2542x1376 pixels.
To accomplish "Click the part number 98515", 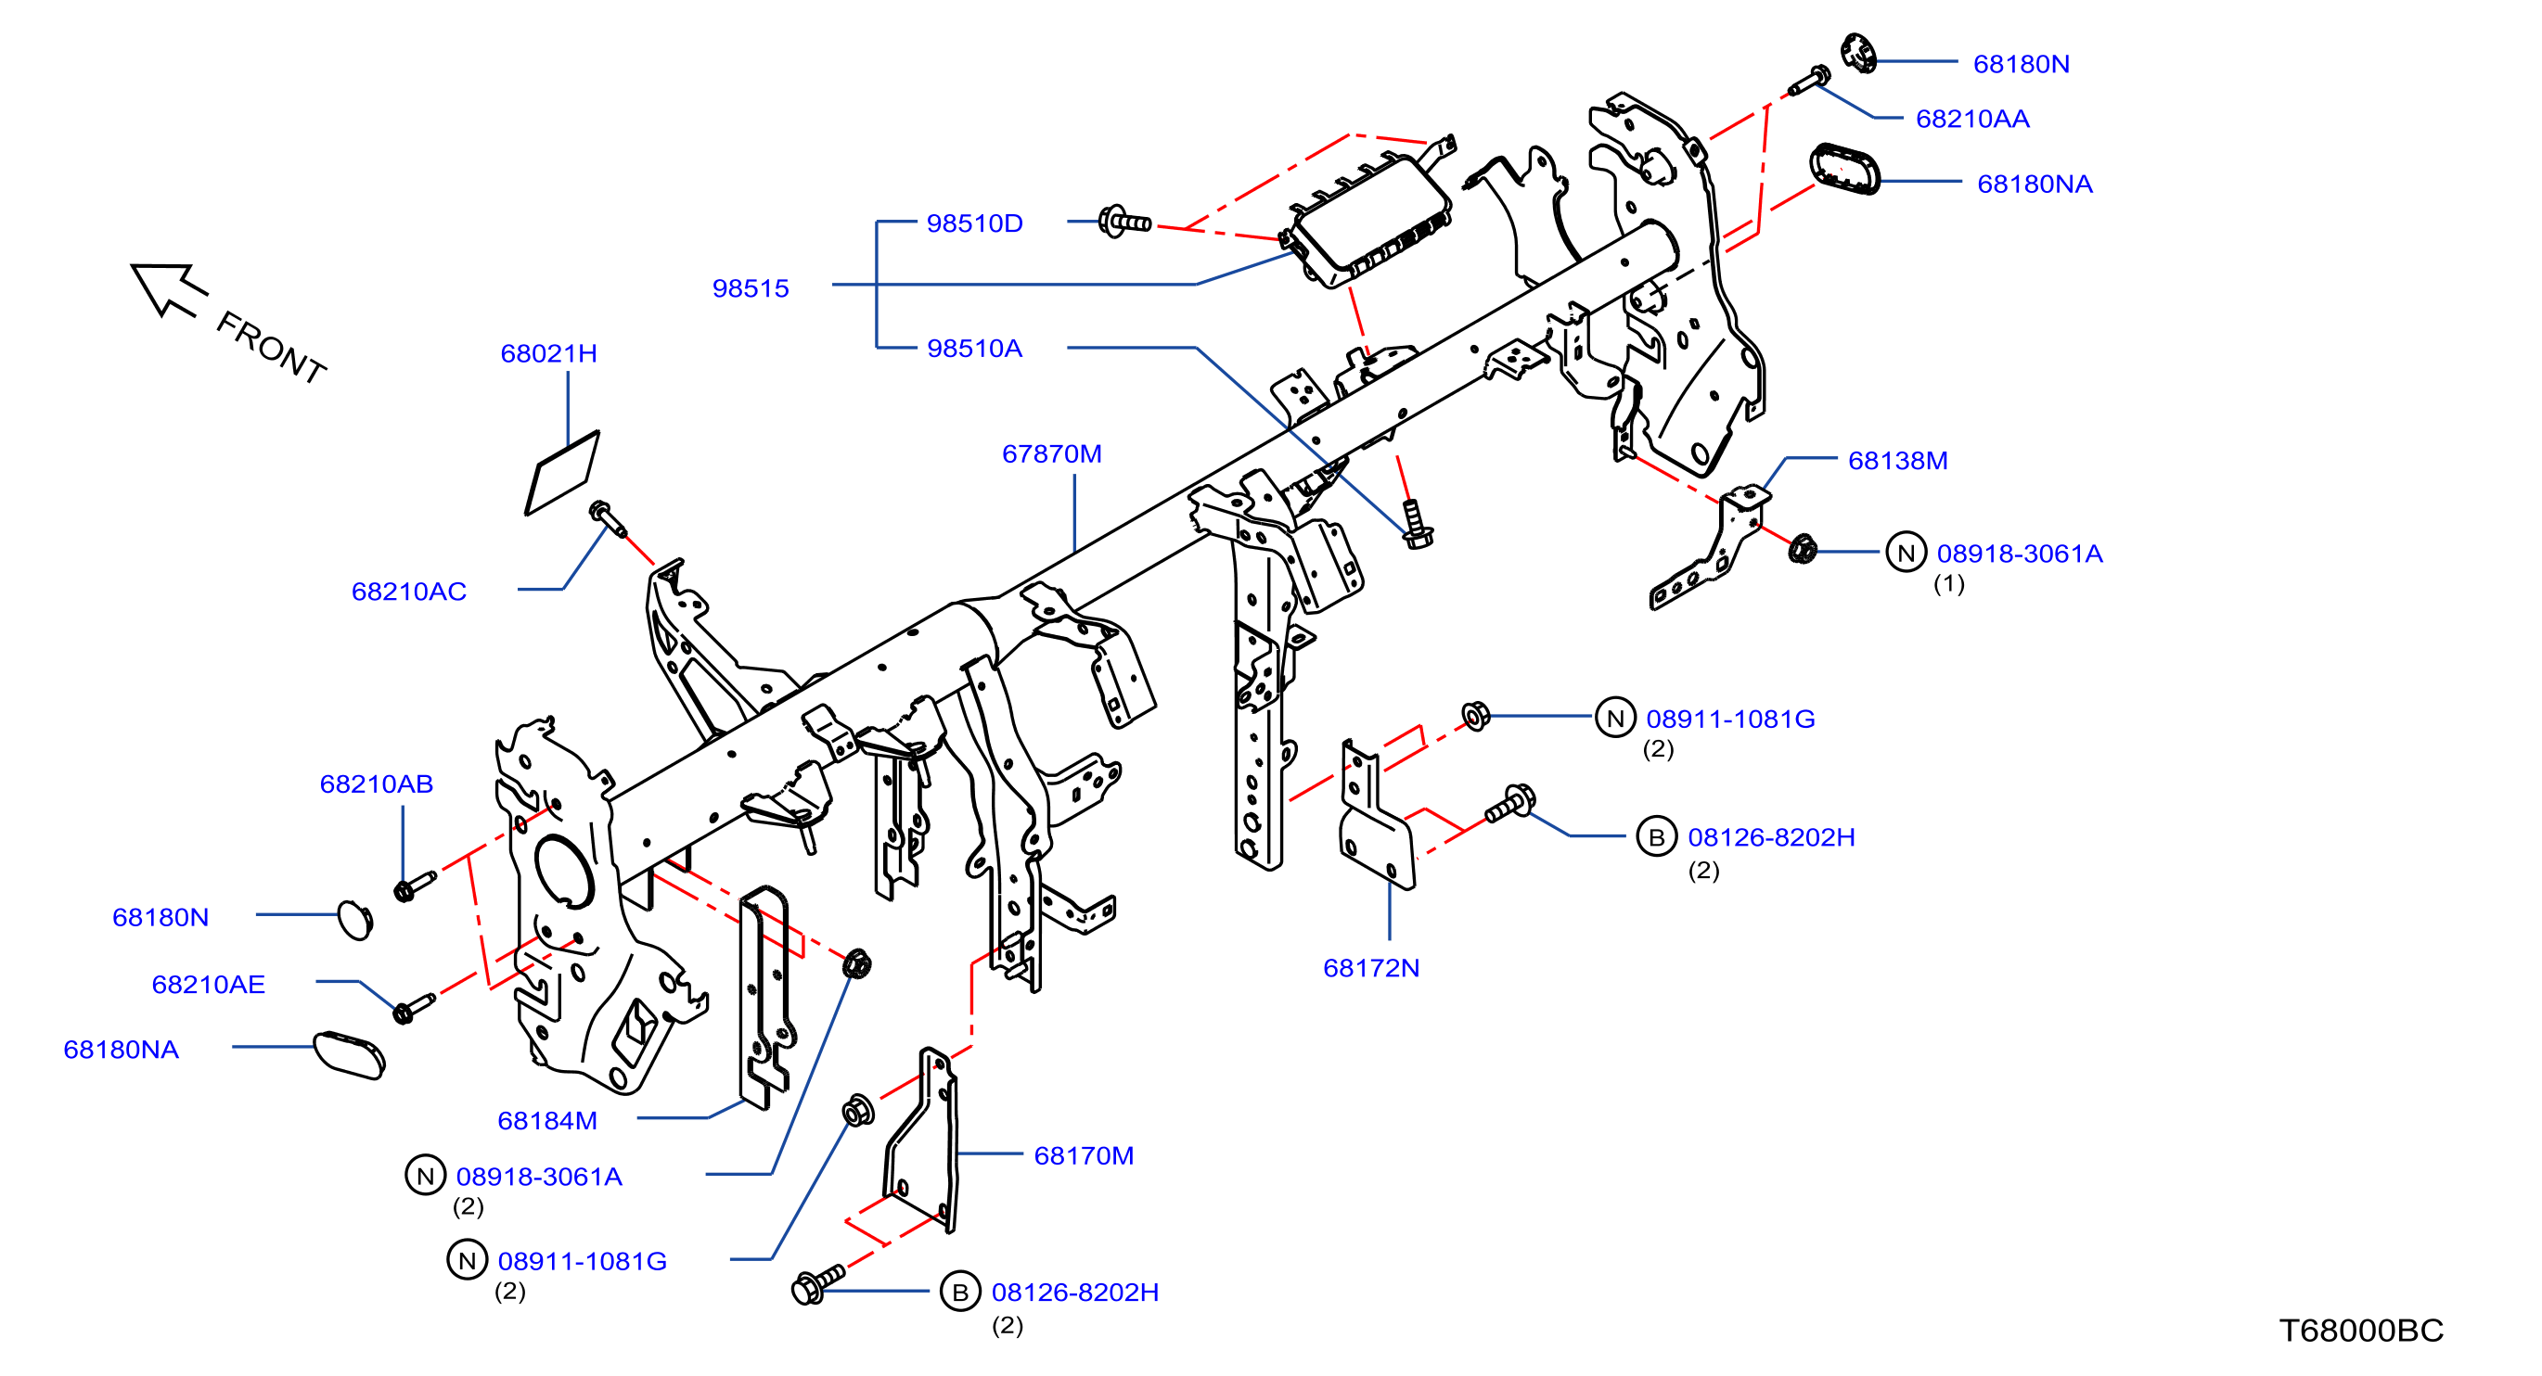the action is pos(750,288).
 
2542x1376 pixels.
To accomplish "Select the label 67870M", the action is pos(1051,453).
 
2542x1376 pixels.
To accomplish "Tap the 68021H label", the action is pos(548,353).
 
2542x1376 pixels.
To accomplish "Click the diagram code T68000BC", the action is pos(2360,1331).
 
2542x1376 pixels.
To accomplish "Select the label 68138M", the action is pos(1896,461).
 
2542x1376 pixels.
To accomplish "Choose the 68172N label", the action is pos(1370,968).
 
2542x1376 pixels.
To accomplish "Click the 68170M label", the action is pos(1084,1155).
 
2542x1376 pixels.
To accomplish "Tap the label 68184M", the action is pos(546,1120).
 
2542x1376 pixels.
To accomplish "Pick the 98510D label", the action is pos(974,223).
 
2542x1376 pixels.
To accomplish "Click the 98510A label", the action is pos(974,349).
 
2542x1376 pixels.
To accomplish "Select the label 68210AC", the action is pos(408,591).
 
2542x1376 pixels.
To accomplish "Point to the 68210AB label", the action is pos(376,784).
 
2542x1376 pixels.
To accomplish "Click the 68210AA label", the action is pos(1971,119).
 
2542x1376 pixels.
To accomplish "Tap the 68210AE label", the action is pos(208,985).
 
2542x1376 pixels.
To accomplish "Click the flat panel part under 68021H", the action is pos(562,473).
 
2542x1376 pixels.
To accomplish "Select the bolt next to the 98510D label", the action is pos(1125,222).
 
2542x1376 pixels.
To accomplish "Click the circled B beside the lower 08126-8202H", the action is pos(959,1292).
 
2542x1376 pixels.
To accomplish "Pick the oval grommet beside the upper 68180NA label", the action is pos(1844,170).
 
